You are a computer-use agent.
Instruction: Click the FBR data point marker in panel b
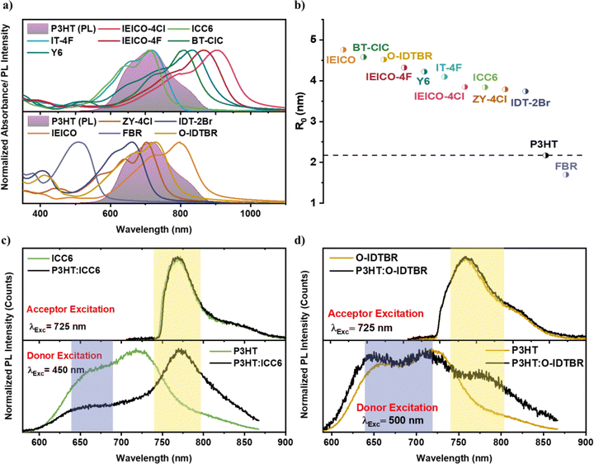(x=566, y=174)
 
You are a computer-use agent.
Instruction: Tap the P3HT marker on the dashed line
(x=546, y=155)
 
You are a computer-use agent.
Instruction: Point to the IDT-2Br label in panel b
(x=531, y=102)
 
